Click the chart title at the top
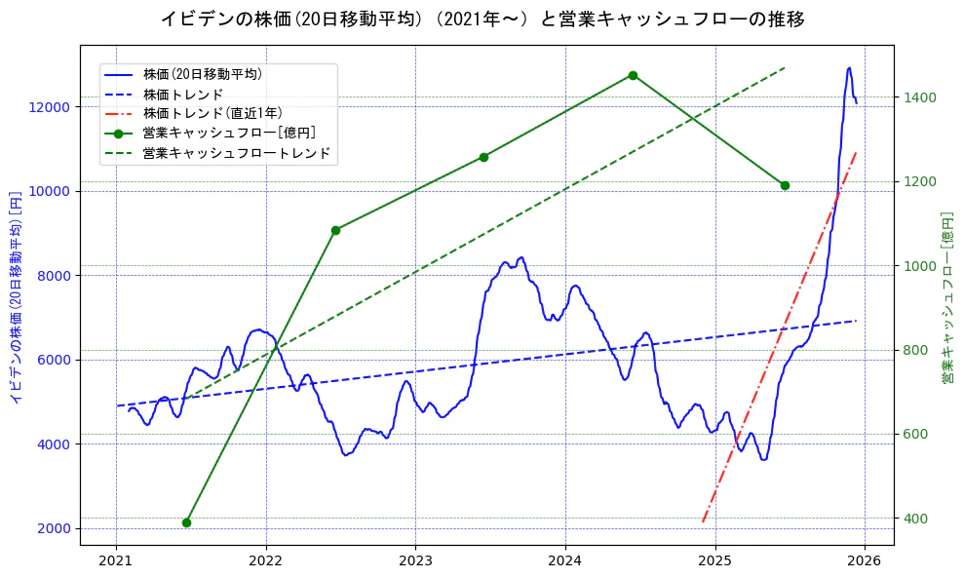tap(482, 19)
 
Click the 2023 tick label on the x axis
tap(415, 561)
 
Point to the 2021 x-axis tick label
tap(116, 561)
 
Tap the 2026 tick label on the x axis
tap(865, 561)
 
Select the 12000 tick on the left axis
tap(57, 107)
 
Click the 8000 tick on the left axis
tap(60, 276)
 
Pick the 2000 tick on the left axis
tap(60, 529)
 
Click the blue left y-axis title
tap(15, 294)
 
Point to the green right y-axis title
tap(947, 294)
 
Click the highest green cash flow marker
tap(633, 75)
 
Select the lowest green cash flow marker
tap(186, 522)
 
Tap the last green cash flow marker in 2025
tap(785, 185)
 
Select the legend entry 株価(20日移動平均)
tap(202, 73)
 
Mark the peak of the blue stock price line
tap(849, 68)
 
